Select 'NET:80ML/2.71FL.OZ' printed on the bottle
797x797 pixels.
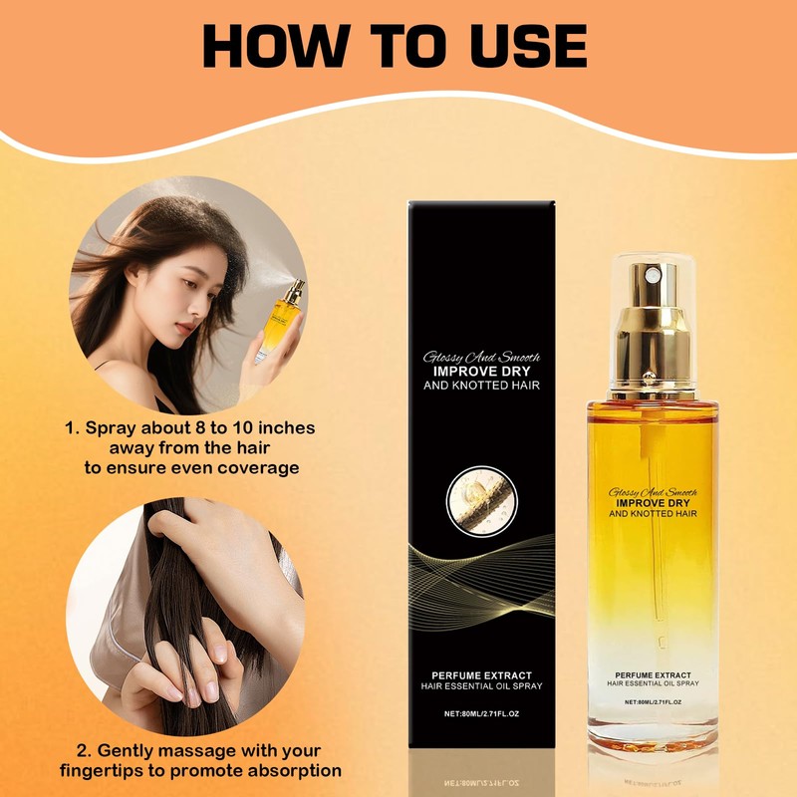[x=654, y=701]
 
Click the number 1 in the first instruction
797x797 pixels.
[x=70, y=428]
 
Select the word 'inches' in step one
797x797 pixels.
[x=282, y=428]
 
